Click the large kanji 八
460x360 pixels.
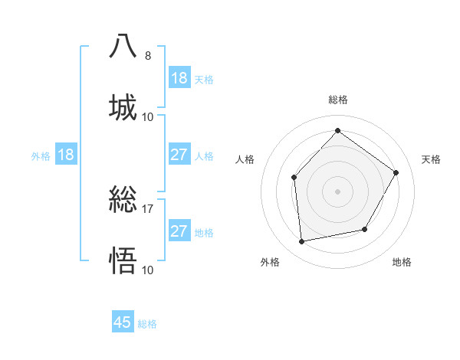123,45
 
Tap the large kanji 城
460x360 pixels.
123,106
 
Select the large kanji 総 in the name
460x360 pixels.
123,200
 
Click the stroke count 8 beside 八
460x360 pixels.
147,55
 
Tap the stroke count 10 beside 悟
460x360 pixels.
147,270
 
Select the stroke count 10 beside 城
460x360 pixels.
147,116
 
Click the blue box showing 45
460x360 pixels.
123,322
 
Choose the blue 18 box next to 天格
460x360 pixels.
179,78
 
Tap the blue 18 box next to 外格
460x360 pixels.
66,155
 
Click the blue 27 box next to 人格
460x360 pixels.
179,155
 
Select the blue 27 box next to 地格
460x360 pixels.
179,231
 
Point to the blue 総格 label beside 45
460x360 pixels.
147,324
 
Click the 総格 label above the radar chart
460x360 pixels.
337,100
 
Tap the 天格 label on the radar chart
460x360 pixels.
431,159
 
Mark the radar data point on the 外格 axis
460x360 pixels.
302,242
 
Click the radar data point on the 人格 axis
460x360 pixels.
294,178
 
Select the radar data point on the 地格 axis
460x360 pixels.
365,229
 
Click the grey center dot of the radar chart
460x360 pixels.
337,191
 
